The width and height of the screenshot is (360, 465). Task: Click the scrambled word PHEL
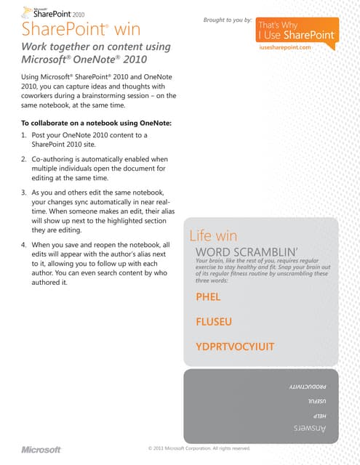pos(208,297)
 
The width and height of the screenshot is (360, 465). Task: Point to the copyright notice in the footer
pos(199,448)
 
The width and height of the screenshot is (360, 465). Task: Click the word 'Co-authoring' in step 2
pos(55,158)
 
